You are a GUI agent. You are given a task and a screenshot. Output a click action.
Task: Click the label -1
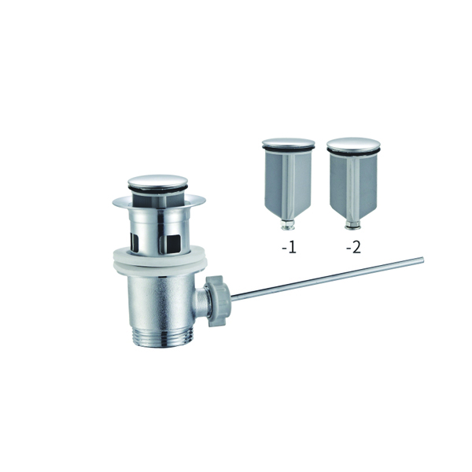(289, 248)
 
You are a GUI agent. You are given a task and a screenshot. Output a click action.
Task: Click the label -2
(353, 248)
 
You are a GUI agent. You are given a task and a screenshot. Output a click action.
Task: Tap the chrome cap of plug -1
(289, 142)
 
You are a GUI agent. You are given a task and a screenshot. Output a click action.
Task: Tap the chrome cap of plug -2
(353, 143)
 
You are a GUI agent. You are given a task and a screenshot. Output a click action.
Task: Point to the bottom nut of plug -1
(288, 225)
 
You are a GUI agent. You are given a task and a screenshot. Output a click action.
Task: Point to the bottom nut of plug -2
(352, 226)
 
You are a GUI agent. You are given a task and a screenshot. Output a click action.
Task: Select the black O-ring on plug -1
(289, 148)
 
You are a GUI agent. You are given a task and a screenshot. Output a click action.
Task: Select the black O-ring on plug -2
(353, 150)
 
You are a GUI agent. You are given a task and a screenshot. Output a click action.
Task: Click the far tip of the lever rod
(422, 260)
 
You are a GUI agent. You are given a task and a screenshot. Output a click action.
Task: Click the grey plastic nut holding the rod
(217, 301)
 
